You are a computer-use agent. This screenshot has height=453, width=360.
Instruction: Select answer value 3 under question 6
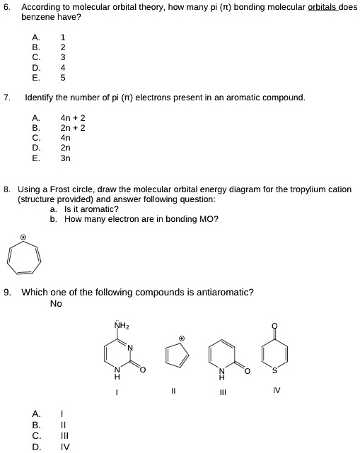[x=63, y=57]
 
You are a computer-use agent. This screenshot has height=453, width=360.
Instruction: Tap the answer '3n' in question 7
[x=66, y=158]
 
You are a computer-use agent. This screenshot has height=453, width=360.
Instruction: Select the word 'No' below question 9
[x=56, y=303]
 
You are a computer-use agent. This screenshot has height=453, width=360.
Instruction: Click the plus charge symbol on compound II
[x=182, y=338]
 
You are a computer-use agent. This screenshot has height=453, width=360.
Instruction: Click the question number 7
[x=6, y=98]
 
